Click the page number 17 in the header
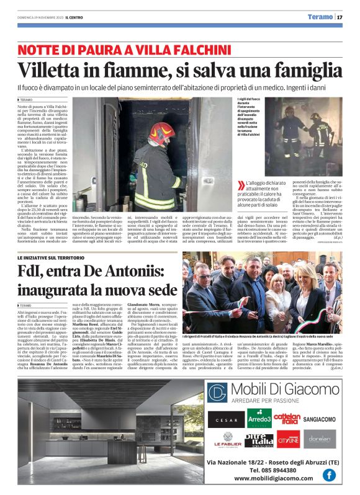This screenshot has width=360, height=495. click(x=340, y=17)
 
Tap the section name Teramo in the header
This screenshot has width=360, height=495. click(x=320, y=17)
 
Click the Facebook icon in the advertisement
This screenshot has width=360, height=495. click(x=328, y=475)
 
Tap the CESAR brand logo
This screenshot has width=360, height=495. click(x=225, y=419)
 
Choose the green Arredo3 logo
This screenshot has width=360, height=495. click(x=259, y=418)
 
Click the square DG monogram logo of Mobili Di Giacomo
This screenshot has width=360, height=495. click(x=217, y=393)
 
